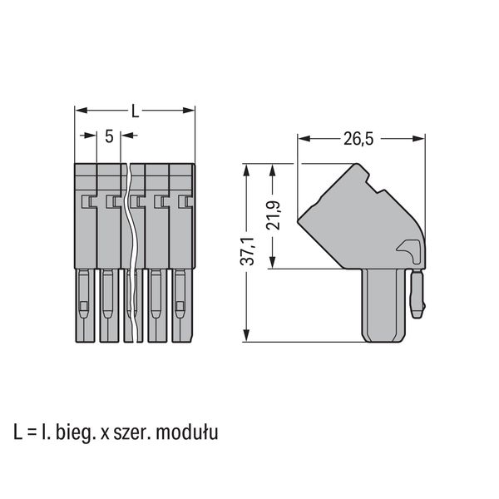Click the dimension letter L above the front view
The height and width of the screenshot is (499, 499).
[136, 111]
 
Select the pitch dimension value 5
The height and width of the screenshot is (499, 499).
[109, 136]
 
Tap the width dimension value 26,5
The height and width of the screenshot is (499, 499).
[358, 139]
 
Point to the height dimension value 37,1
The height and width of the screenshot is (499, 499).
[247, 251]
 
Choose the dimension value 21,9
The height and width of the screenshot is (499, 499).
[274, 215]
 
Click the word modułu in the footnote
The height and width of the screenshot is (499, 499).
[187, 432]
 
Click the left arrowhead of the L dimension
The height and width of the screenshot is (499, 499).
[81, 111]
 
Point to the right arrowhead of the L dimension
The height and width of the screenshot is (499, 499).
[189, 111]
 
